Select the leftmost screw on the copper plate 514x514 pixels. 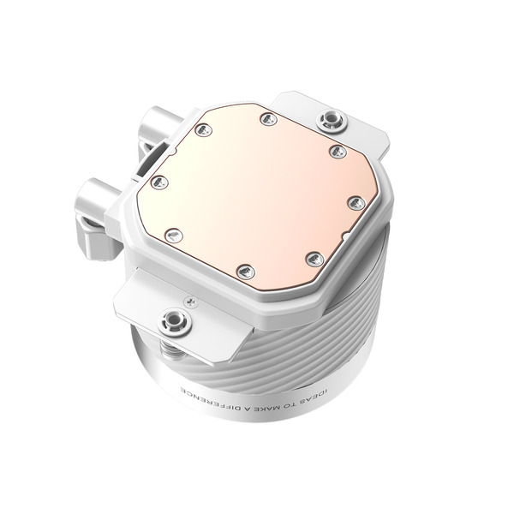click(x=158, y=181)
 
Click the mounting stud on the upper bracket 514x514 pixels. click(x=328, y=118)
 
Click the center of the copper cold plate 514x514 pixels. click(x=254, y=193)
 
